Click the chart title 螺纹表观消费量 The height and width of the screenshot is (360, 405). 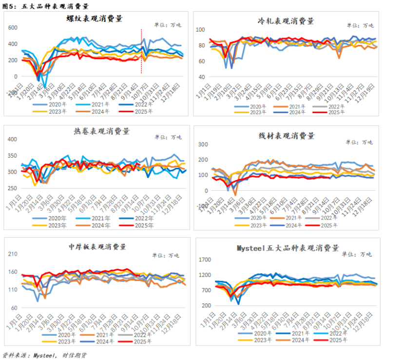point(95,19)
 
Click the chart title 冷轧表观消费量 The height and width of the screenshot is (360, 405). point(286,21)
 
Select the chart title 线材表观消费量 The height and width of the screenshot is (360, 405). point(286,135)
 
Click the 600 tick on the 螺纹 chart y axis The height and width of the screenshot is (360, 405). point(13,28)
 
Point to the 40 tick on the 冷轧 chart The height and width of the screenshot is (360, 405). point(199,77)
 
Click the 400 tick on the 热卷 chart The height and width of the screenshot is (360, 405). point(13,140)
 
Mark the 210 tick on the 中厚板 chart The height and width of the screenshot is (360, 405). point(13,254)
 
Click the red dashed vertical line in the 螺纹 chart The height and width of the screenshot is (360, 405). point(142,51)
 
